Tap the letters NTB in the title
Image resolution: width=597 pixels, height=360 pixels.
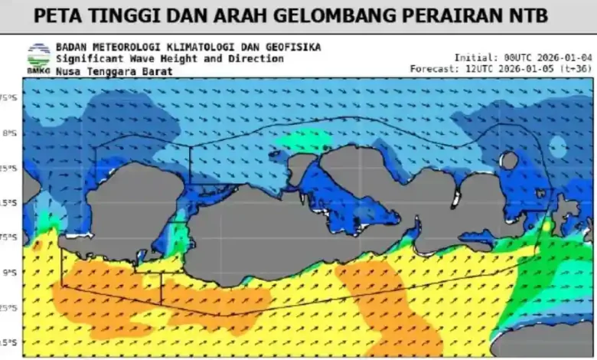click(527, 15)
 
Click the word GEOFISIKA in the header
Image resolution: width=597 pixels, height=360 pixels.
click(293, 47)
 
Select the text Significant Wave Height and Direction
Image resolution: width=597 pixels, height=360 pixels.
click(169, 59)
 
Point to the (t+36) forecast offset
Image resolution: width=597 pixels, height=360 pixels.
click(578, 69)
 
